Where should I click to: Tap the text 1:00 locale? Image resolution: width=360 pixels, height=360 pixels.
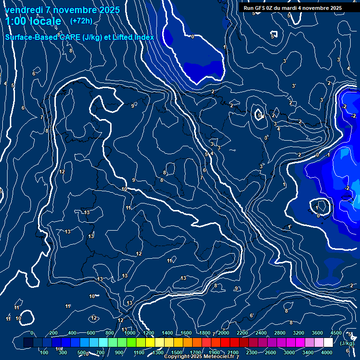coord(33,21)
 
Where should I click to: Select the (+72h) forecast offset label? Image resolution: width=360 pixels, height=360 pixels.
coord(81,21)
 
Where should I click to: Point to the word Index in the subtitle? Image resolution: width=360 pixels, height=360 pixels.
coord(144,37)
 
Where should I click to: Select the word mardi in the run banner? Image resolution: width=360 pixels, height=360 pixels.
coord(292,8)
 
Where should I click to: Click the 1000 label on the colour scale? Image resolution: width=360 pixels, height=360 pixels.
coord(130,333)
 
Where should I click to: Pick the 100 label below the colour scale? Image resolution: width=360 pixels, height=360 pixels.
coord(45,352)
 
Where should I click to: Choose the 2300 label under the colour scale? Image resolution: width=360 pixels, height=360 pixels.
coord(251,352)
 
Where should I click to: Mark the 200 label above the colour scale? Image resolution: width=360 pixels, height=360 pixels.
coord(53,333)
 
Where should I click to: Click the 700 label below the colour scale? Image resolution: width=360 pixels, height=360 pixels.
coord(100,352)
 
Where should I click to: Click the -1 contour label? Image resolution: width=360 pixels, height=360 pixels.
coord(328,155)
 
